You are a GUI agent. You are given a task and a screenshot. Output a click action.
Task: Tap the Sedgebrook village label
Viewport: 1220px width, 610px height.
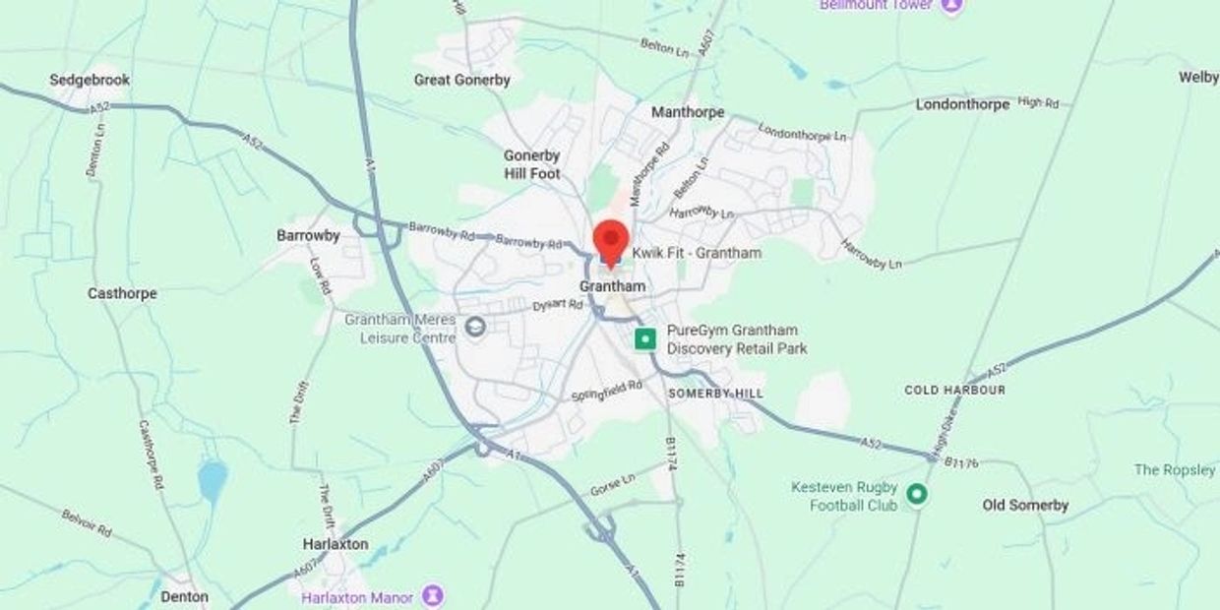(x=90, y=80)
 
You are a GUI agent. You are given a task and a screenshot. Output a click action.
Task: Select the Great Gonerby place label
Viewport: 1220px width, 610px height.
(x=461, y=80)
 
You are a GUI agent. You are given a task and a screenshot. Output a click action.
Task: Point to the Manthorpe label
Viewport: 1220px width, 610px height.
(x=688, y=112)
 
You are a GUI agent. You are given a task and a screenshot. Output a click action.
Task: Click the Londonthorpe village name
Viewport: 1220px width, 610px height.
(x=962, y=103)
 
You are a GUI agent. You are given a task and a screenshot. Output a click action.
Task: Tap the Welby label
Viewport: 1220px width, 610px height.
(x=1197, y=77)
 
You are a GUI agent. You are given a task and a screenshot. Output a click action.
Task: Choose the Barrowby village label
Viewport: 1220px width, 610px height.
(x=308, y=235)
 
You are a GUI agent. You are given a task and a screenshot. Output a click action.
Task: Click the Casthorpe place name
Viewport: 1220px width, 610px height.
(x=122, y=293)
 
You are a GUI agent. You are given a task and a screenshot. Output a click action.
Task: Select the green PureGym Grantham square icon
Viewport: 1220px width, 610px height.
(x=644, y=339)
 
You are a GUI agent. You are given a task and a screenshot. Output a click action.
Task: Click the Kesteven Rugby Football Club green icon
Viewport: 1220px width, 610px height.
(x=917, y=494)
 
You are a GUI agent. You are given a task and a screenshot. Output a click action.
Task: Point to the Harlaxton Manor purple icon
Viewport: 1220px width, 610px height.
(x=432, y=596)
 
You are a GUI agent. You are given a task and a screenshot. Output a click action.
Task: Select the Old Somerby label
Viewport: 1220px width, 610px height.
(x=1025, y=505)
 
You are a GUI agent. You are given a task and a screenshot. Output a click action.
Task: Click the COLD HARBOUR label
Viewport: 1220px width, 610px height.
(x=954, y=390)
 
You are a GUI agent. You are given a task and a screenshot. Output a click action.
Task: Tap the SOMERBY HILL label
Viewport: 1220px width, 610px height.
(x=715, y=393)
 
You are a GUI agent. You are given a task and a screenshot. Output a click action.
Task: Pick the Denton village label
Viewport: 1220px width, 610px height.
(x=184, y=596)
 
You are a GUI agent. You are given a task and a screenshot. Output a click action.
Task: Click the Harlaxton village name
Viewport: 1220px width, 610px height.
(x=335, y=544)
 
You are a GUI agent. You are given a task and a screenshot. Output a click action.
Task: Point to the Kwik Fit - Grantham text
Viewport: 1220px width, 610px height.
(x=697, y=253)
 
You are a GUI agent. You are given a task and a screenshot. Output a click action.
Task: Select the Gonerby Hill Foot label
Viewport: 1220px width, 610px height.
(x=531, y=164)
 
